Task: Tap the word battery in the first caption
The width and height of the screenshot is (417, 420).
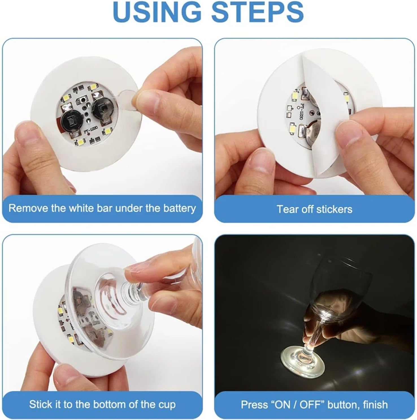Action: (x=179, y=208)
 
